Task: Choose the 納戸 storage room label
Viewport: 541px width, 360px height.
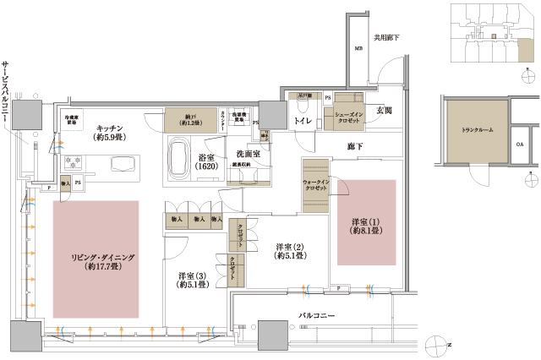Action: point(184,118)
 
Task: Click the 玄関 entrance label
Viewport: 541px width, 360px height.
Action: point(385,111)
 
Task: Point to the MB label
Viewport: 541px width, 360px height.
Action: point(358,48)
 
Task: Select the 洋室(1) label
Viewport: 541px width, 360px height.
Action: point(367,226)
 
